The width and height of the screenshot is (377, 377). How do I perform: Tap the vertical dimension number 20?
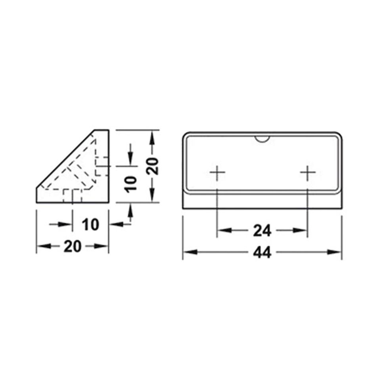[x=154, y=165]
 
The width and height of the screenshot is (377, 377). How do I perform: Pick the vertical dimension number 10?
[x=131, y=184]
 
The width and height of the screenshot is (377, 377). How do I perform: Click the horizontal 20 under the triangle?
[x=72, y=246]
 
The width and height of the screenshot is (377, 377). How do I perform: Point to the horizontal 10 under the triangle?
[x=90, y=224]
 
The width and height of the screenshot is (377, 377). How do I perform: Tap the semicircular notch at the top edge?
[x=262, y=138]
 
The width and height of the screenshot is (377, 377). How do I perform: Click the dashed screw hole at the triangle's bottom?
[x=73, y=195]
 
